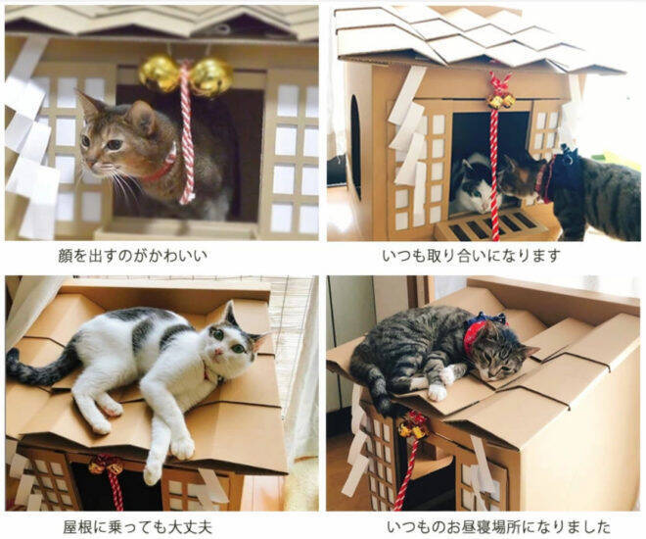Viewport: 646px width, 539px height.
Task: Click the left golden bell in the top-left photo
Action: pyautogui.click(x=159, y=73)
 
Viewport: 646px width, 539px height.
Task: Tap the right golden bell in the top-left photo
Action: pyautogui.click(x=210, y=76)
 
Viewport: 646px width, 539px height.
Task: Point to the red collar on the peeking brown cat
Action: pyautogui.click(x=163, y=166)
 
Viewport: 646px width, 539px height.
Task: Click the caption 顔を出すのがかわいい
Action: pyautogui.click(x=133, y=256)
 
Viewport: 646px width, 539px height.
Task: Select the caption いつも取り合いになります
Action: pyautogui.click(x=471, y=256)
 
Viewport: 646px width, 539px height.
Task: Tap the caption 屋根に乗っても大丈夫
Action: pyautogui.click(x=138, y=526)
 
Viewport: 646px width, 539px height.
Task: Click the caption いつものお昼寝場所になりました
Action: pyautogui.click(x=499, y=526)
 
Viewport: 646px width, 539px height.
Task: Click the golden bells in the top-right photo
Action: pyautogui.click(x=501, y=101)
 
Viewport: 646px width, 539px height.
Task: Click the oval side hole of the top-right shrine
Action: pyautogui.click(x=355, y=147)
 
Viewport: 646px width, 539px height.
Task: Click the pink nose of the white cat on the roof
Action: pyautogui.click(x=219, y=352)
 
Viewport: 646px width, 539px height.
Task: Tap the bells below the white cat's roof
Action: pyautogui.click(x=107, y=466)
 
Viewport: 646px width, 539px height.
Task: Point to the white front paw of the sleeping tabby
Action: pyautogui.click(x=437, y=392)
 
